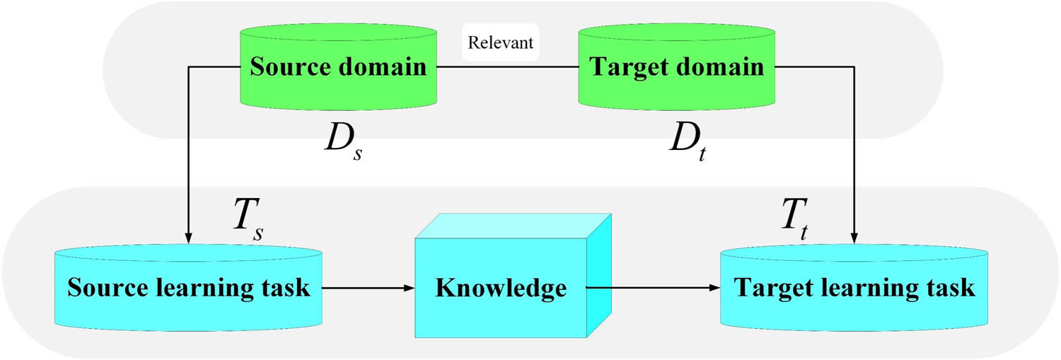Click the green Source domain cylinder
coord(338,68)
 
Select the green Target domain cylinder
coord(676,68)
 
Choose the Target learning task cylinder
coord(854,289)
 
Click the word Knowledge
coord(501,289)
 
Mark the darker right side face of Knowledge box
coord(598,276)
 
